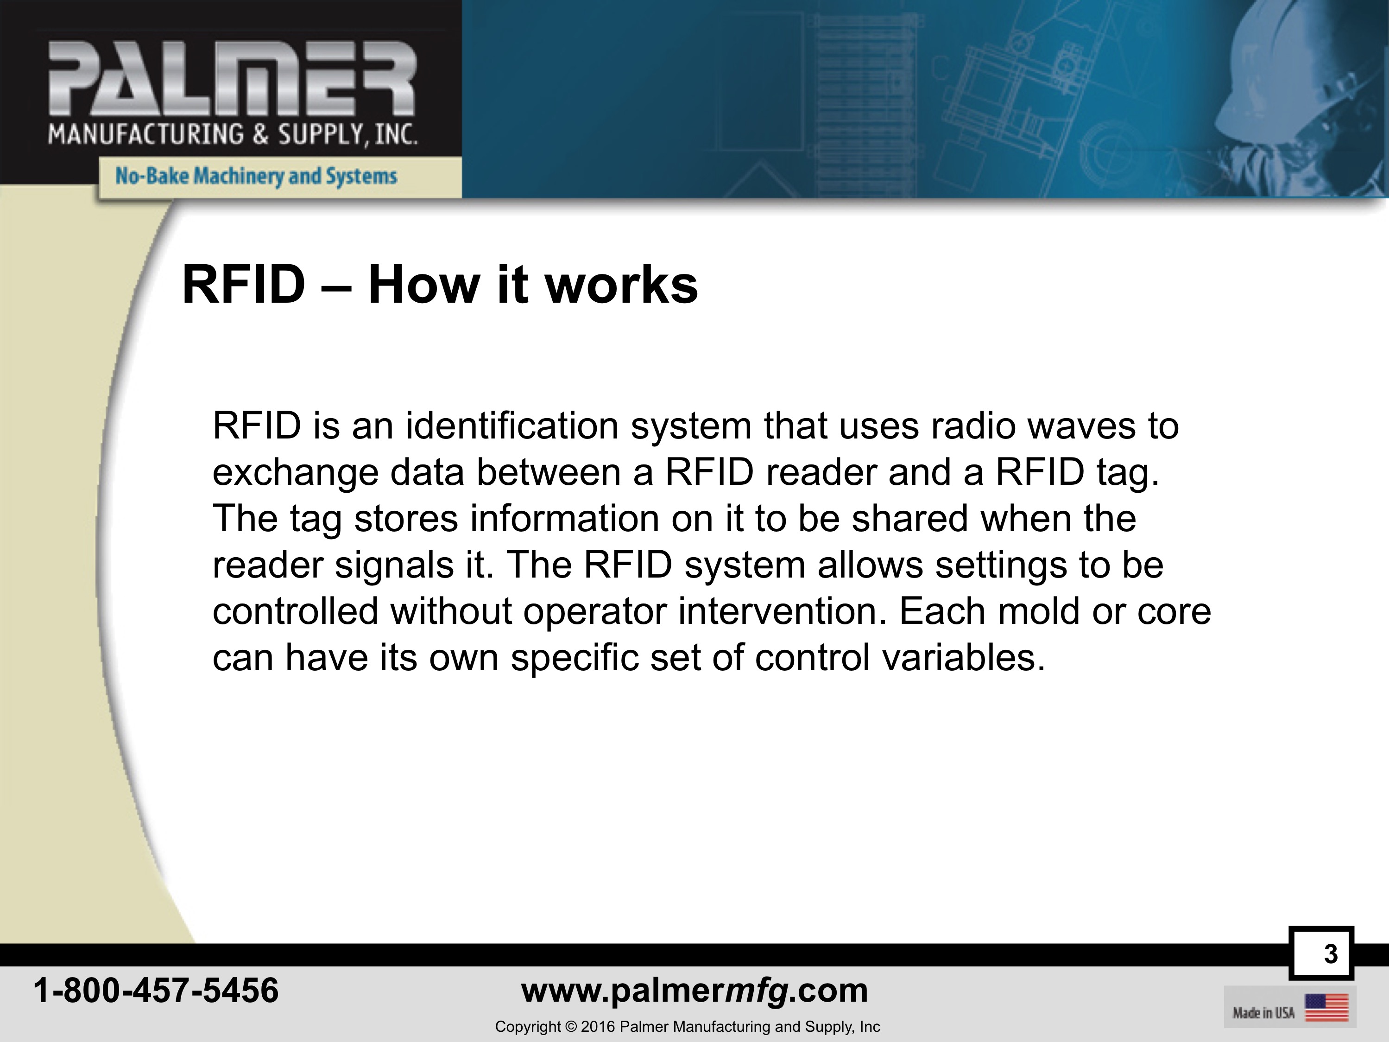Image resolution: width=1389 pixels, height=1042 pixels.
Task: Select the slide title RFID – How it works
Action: [440, 285]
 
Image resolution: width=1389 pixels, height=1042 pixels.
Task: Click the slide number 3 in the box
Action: [1330, 953]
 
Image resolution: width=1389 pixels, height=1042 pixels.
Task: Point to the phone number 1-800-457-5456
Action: [156, 991]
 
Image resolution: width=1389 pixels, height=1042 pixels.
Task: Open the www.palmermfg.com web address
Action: [694, 991]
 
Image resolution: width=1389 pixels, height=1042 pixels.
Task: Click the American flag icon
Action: [1326, 1007]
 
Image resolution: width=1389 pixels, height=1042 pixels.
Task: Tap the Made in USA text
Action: [1263, 1012]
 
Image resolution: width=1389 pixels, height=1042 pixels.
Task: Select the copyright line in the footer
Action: [688, 1027]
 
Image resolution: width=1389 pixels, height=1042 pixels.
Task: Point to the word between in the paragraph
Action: [549, 472]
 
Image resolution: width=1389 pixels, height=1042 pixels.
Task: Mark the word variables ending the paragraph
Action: [964, 658]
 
